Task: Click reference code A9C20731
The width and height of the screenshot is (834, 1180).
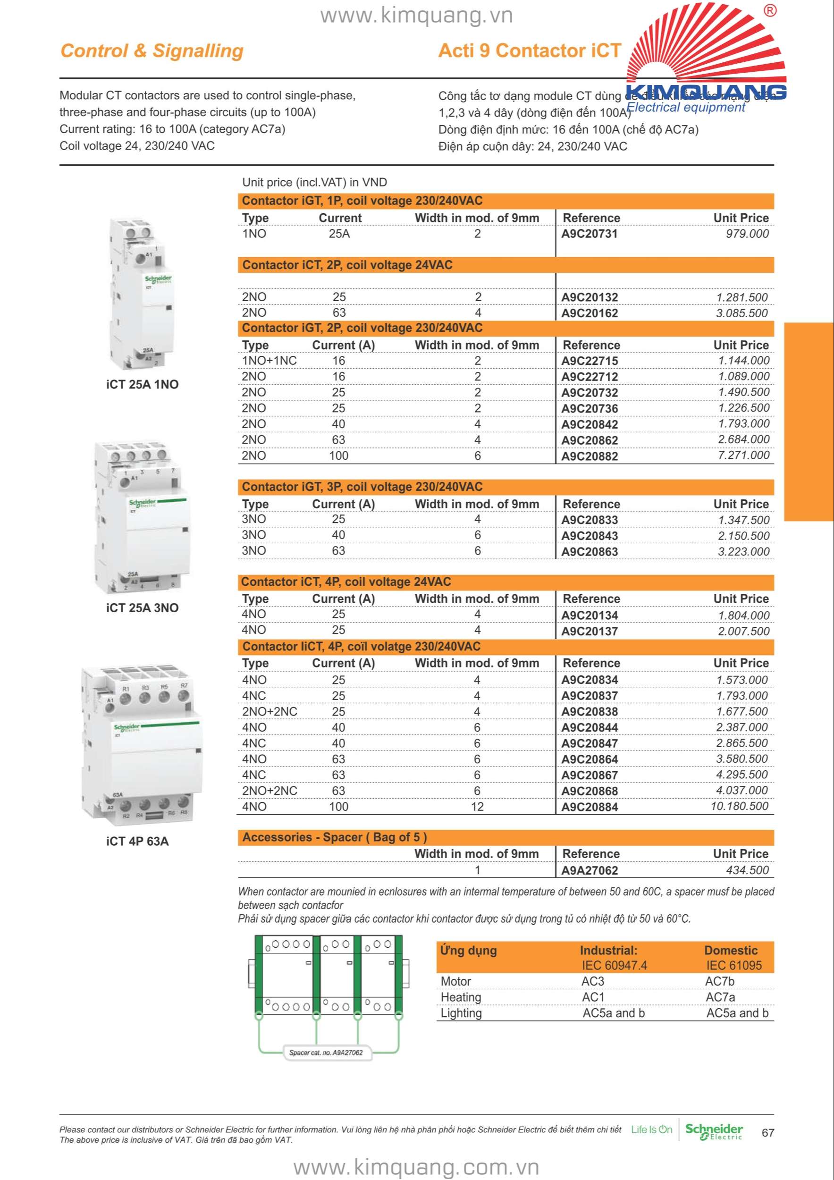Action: click(x=589, y=234)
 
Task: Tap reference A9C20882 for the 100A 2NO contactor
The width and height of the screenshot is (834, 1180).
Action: click(x=589, y=456)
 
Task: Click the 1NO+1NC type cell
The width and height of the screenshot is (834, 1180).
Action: click(x=269, y=361)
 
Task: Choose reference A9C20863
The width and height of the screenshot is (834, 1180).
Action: click(x=589, y=551)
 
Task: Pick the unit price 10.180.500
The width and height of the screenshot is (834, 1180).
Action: click(x=740, y=806)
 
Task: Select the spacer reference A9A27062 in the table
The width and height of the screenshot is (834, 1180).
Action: click(x=589, y=870)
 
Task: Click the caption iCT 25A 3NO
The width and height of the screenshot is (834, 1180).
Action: click(x=143, y=608)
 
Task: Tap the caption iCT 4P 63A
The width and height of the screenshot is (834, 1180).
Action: click(x=137, y=841)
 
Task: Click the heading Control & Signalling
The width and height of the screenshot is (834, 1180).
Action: click(x=152, y=51)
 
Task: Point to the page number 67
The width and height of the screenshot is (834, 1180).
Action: click(x=768, y=1133)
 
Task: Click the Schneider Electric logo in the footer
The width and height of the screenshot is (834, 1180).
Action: click(x=714, y=1132)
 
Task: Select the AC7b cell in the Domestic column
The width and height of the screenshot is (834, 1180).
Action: click(x=719, y=981)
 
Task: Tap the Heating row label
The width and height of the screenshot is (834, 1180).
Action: click(x=461, y=997)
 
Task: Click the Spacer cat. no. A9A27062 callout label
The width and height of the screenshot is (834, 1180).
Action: click(x=326, y=1053)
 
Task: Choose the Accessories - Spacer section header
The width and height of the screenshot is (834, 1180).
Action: click(x=335, y=837)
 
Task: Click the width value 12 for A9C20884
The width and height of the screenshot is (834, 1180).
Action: click(x=477, y=806)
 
